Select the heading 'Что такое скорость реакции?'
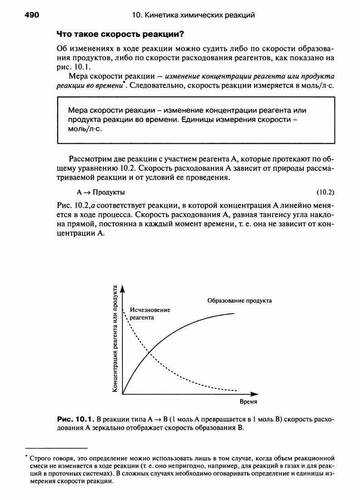pos(120,34)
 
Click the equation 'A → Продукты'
pos(101,191)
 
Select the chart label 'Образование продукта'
pos(239,300)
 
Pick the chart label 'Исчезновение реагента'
pos(150,314)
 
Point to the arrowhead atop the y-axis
pos(122,289)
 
